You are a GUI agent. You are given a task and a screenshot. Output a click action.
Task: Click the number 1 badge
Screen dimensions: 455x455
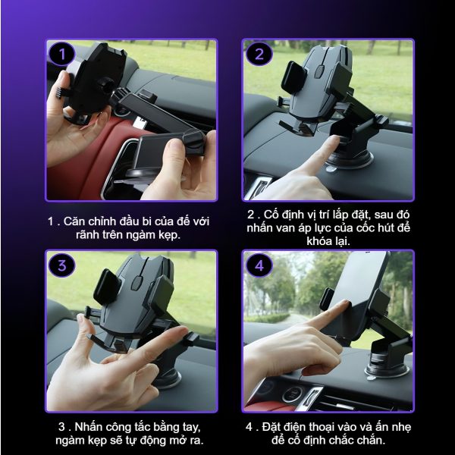(62, 54)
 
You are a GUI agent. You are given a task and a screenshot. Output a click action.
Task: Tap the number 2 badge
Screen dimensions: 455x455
(259, 54)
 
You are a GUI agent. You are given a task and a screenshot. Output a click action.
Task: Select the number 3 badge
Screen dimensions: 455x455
(62, 265)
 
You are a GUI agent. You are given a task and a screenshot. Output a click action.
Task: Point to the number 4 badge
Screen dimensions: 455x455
(259, 265)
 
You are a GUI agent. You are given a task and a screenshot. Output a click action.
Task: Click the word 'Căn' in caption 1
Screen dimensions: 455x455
(74, 221)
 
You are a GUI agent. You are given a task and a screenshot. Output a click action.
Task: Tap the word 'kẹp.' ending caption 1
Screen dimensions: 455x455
(169, 235)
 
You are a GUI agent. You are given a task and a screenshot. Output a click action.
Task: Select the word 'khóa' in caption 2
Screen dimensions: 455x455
(319, 241)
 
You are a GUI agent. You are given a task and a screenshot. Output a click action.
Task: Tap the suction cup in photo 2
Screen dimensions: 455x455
(350, 159)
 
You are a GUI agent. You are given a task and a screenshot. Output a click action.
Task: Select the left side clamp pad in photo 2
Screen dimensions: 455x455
(293, 77)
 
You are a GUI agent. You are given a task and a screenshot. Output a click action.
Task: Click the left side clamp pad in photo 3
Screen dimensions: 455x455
(107, 287)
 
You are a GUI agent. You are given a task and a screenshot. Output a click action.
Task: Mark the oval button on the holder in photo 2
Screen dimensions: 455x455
(320, 72)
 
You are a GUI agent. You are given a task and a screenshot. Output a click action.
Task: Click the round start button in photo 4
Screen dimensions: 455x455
(292, 394)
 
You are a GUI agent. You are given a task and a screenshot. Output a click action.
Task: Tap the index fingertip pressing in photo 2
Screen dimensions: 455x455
(333, 140)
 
